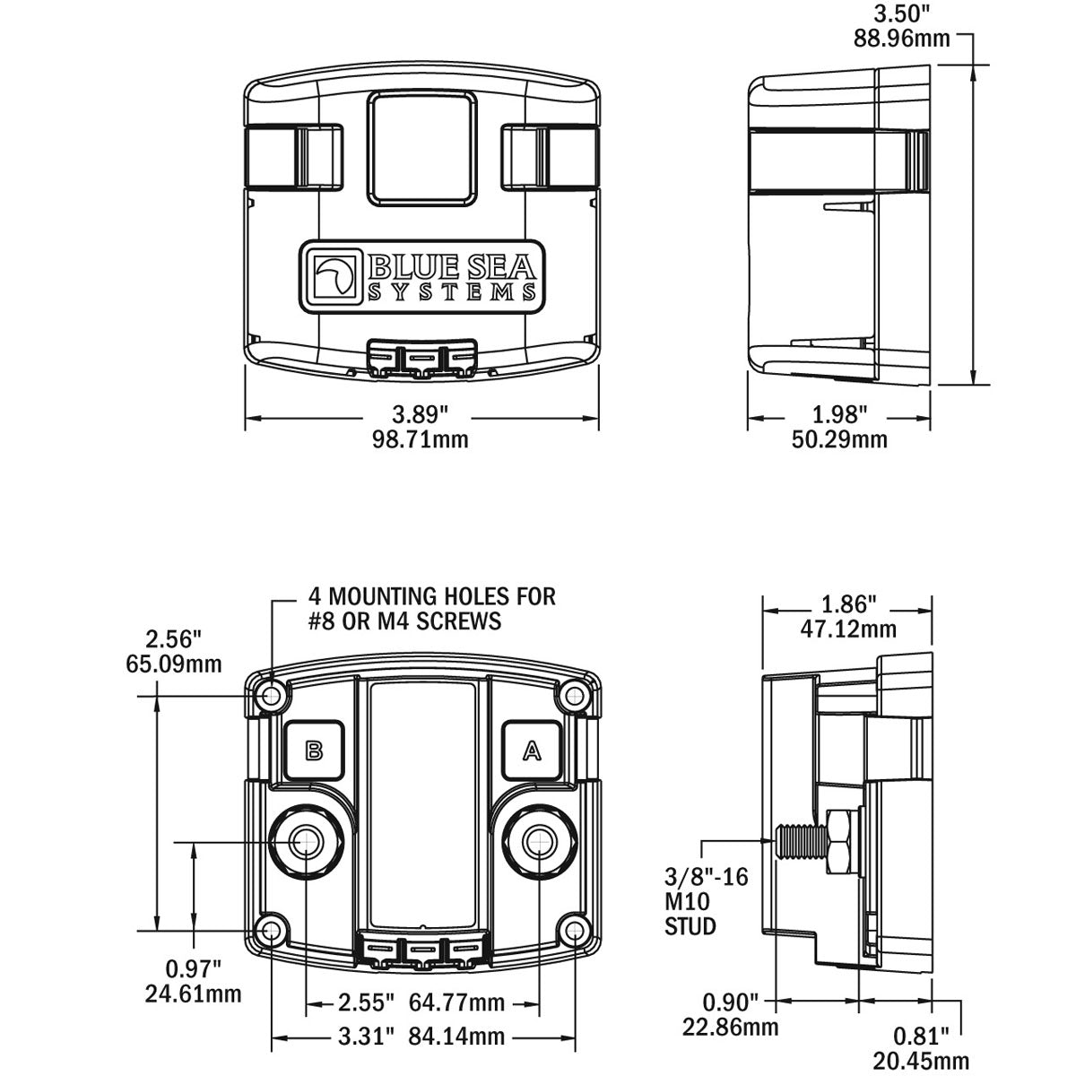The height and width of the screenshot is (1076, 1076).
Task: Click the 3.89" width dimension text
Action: (x=421, y=415)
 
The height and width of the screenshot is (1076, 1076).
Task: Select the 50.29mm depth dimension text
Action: (x=839, y=439)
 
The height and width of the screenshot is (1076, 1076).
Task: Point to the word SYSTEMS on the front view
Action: (x=454, y=292)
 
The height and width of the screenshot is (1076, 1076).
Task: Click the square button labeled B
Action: (x=314, y=751)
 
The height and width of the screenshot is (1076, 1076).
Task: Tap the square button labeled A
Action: (x=532, y=751)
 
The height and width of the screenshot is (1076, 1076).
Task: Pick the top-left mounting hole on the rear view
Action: (x=272, y=695)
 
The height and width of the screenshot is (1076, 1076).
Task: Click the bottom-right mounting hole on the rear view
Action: (x=574, y=933)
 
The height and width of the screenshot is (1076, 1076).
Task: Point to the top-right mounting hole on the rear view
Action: (x=574, y=695)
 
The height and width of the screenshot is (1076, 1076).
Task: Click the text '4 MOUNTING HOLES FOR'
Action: (x=432, y=595)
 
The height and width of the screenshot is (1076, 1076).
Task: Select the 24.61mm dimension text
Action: (x=193, y=994)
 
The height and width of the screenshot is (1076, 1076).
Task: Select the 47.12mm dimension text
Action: (x=847, y=629)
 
